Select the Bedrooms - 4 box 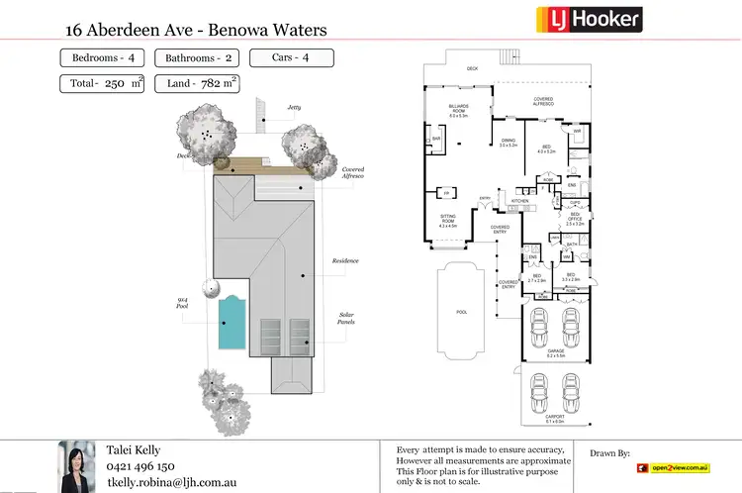coord(105,57)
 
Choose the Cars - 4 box coord(290,57)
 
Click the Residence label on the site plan coord(345,260)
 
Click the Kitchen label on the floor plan coord(520,201)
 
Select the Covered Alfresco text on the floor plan coord(544,100)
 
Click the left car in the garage coord(539,327)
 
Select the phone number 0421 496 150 coord(140,466)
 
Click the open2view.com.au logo coord(675,467)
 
